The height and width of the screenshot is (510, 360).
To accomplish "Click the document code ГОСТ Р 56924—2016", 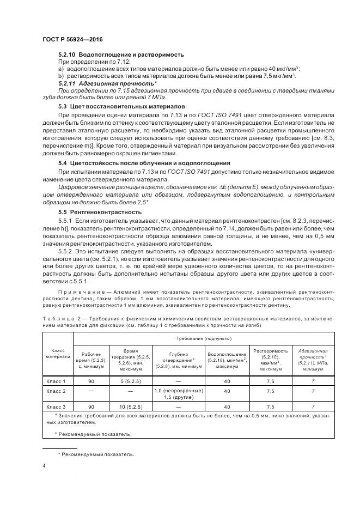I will (x=72, y=40).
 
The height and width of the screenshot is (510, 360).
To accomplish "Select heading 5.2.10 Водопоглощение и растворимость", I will (x=121, y=54).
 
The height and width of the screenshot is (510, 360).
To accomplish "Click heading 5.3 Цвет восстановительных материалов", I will (x=121, y=106).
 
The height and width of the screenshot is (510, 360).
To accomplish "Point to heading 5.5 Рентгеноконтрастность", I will (x=99, y=211).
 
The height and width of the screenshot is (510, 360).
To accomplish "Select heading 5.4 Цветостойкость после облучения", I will (x=137, y=163).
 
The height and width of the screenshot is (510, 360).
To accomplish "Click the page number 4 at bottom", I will (x=44, y=466).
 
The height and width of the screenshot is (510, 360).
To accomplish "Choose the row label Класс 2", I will (x=57, y=391).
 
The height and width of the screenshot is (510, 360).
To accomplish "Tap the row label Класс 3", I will (x=57, y=406).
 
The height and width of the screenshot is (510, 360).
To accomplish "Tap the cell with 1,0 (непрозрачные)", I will (x=179, y=391).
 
